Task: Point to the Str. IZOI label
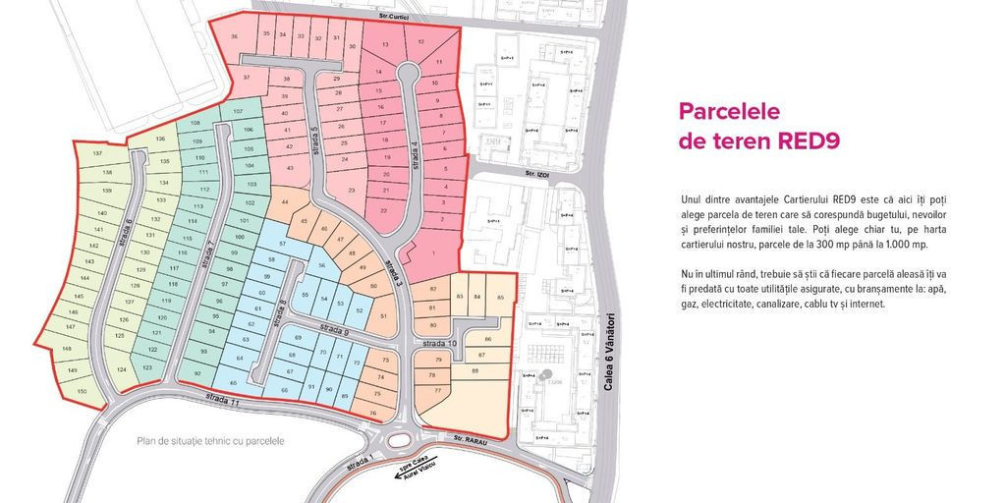coord(535,175)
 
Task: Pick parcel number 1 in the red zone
coord(433,253)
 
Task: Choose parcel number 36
coord(234,36)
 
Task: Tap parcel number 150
coord(82,391)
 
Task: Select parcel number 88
coord(475,370)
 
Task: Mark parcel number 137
coord(97,155)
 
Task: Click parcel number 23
coord(352,190)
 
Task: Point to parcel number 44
coord(285,202)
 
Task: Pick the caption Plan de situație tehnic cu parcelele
coord(210,441)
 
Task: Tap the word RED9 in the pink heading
coord(809,140)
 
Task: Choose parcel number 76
coord(372,414)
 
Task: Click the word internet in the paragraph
coord(866,305)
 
